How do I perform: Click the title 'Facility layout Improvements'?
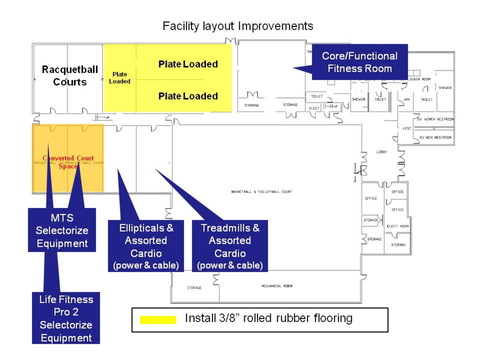click(238, 26)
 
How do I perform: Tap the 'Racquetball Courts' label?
click(70, 76)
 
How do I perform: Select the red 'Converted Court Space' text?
click(68, 162)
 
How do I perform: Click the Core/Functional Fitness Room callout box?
click(360, 62)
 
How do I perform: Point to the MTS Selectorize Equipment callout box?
click(62, 230)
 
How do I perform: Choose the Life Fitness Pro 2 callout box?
click(66, 318)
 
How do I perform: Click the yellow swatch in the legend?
click(158, 320)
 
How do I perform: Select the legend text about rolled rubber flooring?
click(268, 318)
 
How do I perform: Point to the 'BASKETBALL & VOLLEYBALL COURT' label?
click(262, 192)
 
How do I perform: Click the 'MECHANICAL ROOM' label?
click(277, 286)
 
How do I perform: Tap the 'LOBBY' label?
click(381, 152)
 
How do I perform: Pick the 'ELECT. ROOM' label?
click(398, 226)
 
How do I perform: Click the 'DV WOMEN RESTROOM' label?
click(435, 119)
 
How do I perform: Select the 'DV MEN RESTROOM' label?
click(435, 138)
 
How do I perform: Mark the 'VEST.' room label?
click(407, 128)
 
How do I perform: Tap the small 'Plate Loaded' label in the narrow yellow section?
click(120, 78)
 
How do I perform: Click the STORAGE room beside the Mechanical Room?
click(194, 288)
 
